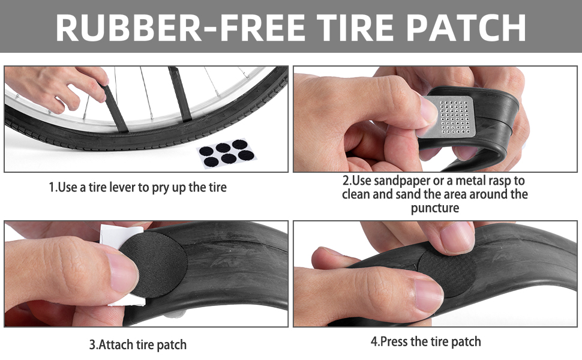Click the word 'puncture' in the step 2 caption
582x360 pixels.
coord(435,208)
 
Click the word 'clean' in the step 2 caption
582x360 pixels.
coord(356,194)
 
